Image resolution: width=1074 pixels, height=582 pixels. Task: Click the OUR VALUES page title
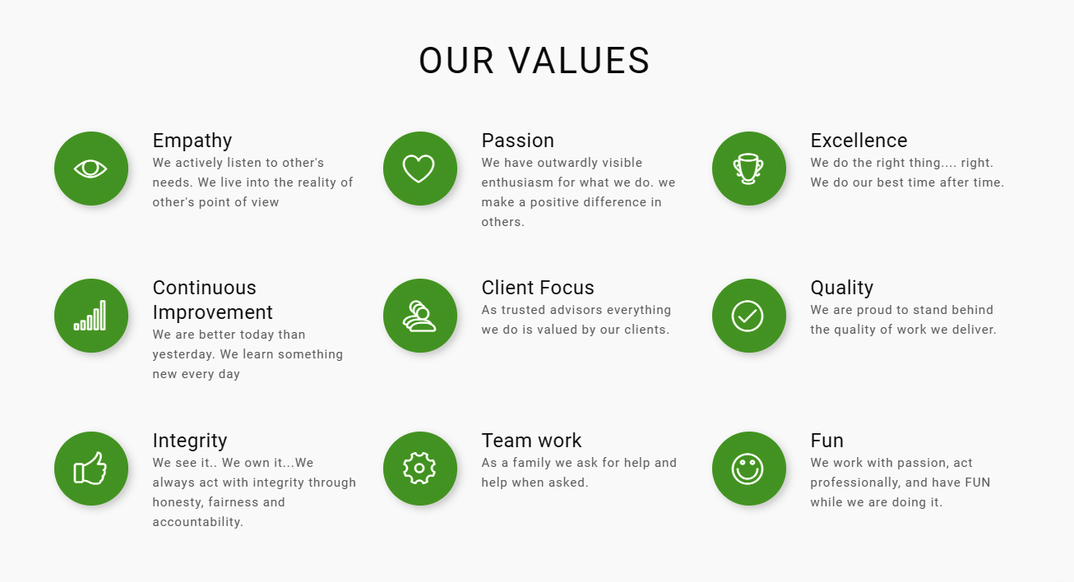[535, 61]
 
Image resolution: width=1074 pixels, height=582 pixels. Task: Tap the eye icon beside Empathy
[90, 169]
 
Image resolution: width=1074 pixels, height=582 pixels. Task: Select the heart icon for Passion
[419, 169]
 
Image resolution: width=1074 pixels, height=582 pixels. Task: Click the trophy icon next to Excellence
[748, 169]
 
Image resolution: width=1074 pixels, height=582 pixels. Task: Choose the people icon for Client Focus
[419, 316]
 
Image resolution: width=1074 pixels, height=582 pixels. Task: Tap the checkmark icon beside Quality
[748, 316]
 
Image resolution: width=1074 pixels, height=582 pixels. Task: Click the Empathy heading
[192, 141]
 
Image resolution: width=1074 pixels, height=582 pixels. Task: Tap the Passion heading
[518, 141]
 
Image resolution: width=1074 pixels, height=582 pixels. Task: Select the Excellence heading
[859, 141]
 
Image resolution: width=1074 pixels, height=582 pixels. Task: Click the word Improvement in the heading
[212, 312]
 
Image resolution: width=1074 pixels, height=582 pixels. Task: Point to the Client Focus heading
[538, 288]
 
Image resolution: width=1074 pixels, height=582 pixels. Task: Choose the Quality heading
[842, 289]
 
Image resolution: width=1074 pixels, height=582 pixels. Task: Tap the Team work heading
[531, 441]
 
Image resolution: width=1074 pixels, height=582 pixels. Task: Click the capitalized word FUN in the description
[978, 483]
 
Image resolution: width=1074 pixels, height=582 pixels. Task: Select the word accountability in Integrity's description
[197, 522]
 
